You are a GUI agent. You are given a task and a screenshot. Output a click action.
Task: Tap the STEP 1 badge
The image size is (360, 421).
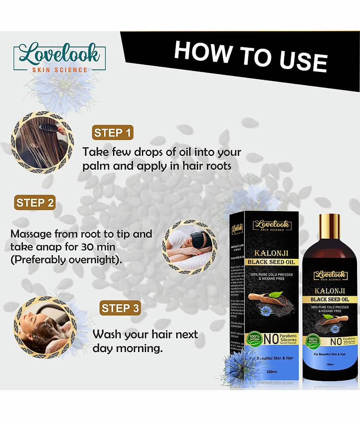(x=113, y=133)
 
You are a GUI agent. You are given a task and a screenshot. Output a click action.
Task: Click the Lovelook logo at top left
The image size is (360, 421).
(x=59, y=58)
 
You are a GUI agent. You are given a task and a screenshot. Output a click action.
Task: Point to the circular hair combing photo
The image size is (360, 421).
(x=42, y=142)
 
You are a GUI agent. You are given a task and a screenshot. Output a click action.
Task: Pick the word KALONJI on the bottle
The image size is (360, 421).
(x=330, y=291)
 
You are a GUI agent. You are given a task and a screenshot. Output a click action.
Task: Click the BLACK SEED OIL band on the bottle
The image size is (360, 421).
(x=330, y=300)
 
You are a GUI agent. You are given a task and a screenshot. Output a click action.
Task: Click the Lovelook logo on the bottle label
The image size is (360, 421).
(x=330, y=275)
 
